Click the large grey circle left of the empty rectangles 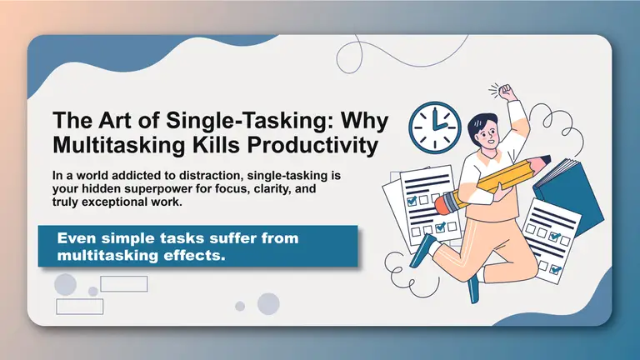point(66,284)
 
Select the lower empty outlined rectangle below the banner point(79,306)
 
